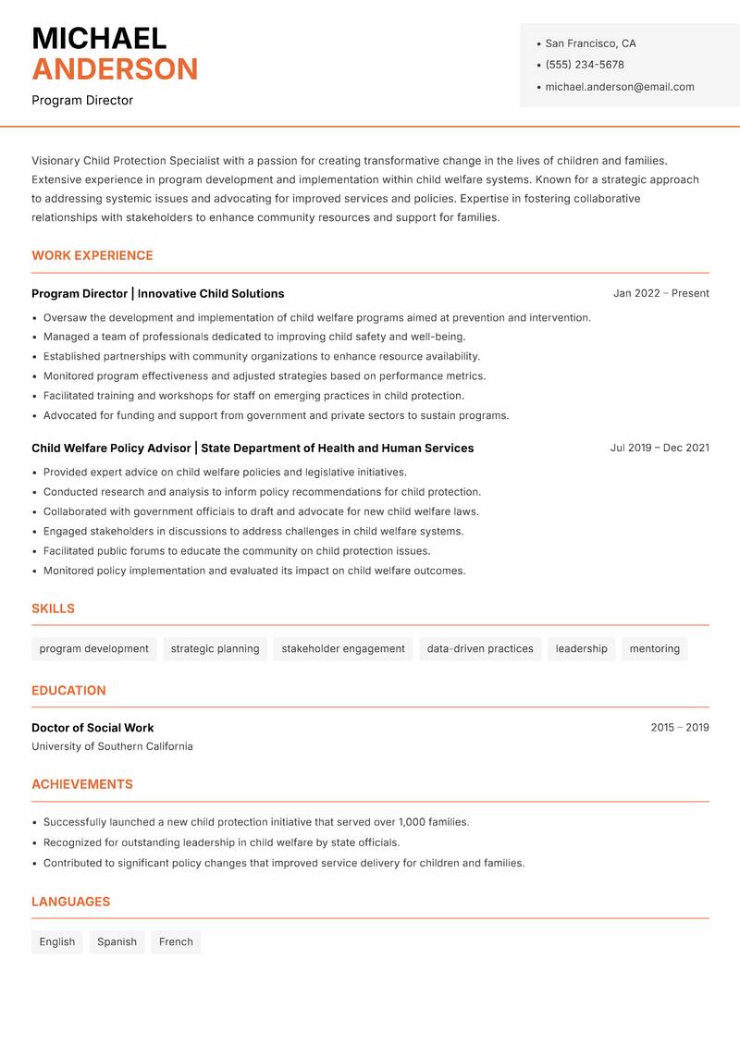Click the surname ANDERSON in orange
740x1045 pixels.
(x=115, y=69)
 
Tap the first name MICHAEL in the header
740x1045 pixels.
(x=99, y=39)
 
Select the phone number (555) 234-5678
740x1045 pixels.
(x=585, y=65)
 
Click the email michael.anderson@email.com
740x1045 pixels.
(x=620, y=87)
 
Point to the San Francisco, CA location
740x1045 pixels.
(x=590, y=43)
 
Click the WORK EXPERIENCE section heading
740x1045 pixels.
(x=92, y=255)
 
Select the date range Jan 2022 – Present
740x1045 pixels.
(x=660, y=293)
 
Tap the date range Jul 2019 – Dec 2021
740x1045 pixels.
(x=660, y=448)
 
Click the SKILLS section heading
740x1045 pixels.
(x=53, y=609)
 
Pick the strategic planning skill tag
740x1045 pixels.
(x=215, y=649)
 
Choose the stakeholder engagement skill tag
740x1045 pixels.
(x=343, y=649)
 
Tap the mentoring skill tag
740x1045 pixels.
(x=655, y=649)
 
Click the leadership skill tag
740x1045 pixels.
(x=582, y=649)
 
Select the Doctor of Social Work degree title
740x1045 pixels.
(x=92, y=728)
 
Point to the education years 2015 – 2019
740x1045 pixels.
(x=680, y=728)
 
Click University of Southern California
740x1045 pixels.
(x=112, y=746)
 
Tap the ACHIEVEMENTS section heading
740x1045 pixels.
(x=82, y=784)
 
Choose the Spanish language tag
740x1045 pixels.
(x=117, y=942)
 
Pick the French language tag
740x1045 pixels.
(x=176, y=942)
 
